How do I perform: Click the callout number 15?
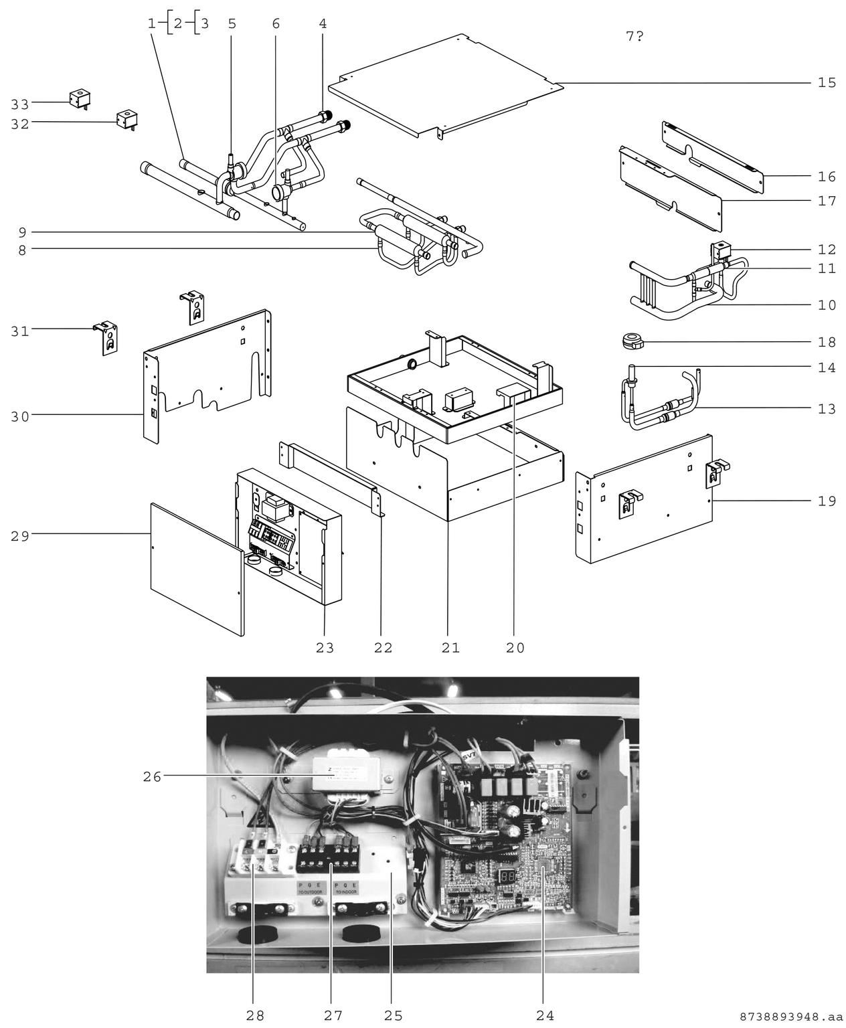pos(827,83)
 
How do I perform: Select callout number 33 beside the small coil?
pos(20,104)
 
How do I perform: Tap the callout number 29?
pos(20,535)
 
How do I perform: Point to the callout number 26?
pos(152,777)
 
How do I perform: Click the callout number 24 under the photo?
pos(545,1015)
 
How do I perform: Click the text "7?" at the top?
pos(634,37)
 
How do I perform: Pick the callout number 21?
pos(450,648)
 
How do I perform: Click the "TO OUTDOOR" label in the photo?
pos(309,891)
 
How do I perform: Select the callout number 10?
pos(827,306)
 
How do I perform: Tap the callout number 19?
pos(827,501)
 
